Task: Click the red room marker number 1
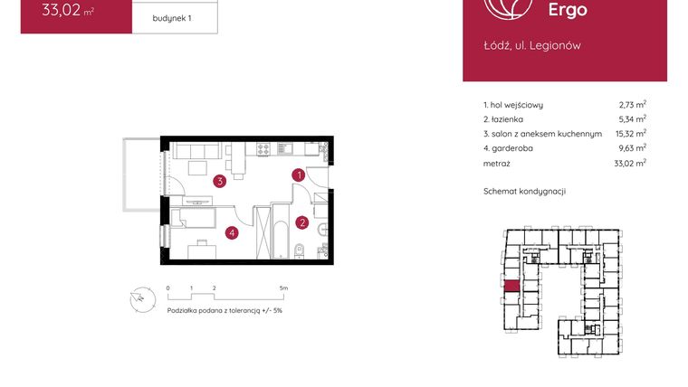(297, 175)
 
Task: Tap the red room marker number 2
(302, 222)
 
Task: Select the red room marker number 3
(219, 181)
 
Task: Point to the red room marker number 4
(233, 233)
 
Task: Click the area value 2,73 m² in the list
(630, 105)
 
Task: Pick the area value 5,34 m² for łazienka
(630, 118)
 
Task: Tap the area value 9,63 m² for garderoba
(630, 147)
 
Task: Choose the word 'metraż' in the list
(497, 164)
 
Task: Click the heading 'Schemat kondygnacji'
(525, 192)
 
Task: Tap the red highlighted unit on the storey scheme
(511, 287)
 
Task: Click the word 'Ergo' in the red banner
(568, 10)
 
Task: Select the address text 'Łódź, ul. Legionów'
(532, 45)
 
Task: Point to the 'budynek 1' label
(172, 18)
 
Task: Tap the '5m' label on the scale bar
(284, 288)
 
